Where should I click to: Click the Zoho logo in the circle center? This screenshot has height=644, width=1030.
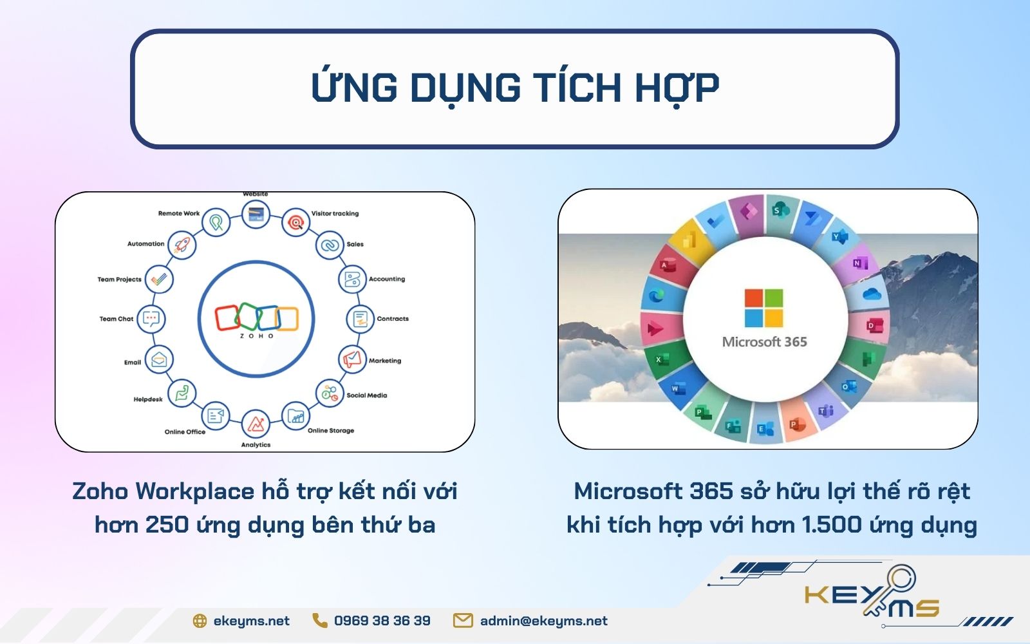coord(256,319)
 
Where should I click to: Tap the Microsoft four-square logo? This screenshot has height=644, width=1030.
coord(763,308)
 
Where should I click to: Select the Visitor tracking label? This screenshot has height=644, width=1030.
coord(335,214)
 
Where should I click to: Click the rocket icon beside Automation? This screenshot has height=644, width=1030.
coord(182,245)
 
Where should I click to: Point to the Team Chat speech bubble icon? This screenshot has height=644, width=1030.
coord(151,319)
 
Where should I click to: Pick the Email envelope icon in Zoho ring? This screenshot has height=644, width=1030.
coord(159,360)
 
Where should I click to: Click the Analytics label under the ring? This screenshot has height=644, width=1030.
coord(256,445)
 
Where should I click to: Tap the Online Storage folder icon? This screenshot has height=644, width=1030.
coord(295,417)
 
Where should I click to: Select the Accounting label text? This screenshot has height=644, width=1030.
coord(386,279)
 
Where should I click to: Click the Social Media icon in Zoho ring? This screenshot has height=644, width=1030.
coord(330,393)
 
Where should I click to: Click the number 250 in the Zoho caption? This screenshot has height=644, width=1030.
coord(167,525)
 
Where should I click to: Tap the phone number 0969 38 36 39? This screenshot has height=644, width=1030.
coord(382,621)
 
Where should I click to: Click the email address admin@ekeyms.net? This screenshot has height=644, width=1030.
coord(543,621)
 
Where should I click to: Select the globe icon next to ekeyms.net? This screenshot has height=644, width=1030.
coord(200,621)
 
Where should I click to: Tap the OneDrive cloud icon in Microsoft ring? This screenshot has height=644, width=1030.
coord(871,294)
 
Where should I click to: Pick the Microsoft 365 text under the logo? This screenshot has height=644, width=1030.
coord(764,342)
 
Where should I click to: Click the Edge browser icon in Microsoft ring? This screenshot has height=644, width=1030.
coord(656,296)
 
